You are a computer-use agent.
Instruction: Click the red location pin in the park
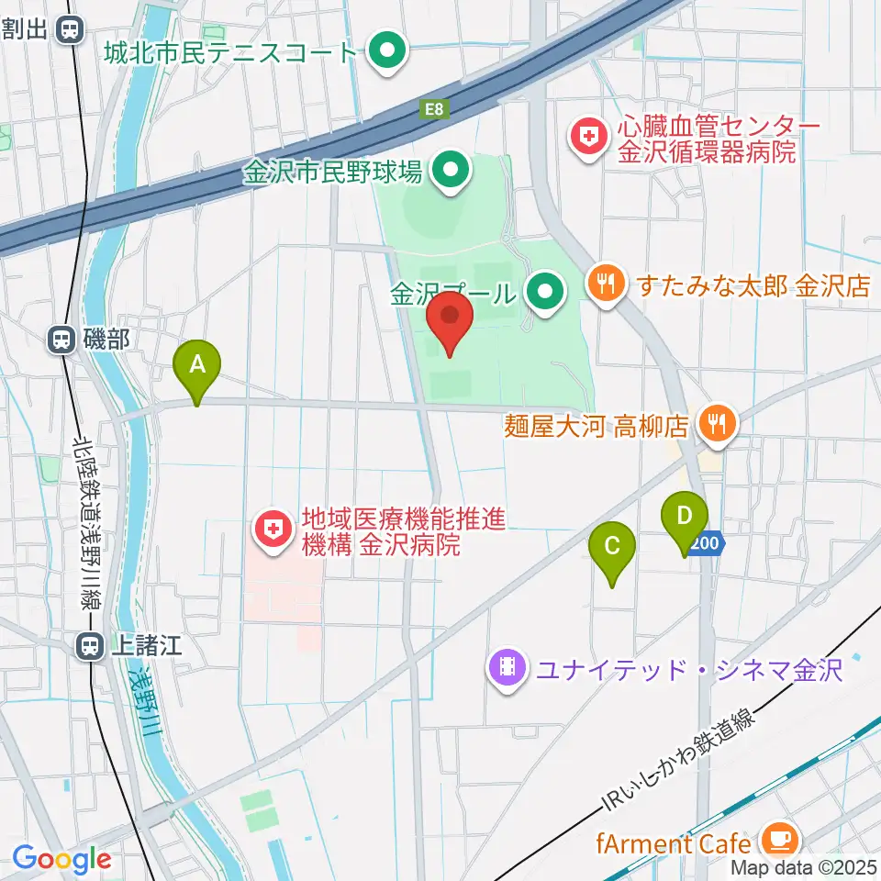tap(451, 318)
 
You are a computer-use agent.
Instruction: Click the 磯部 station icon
tap(61, 340)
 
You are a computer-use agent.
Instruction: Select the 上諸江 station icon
tap(90, 647)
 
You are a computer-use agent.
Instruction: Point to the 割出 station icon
tap(69, 30)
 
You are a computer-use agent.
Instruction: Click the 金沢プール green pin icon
tap(545, 294)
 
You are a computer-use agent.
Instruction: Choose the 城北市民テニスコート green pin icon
tap(386, 50)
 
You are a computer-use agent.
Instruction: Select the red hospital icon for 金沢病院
tap(273, 529)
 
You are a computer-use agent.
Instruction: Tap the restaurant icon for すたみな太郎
tap(606, 283)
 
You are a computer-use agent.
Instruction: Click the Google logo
tap(61, 860)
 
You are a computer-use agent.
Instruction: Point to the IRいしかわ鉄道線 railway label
tap(679, 762)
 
